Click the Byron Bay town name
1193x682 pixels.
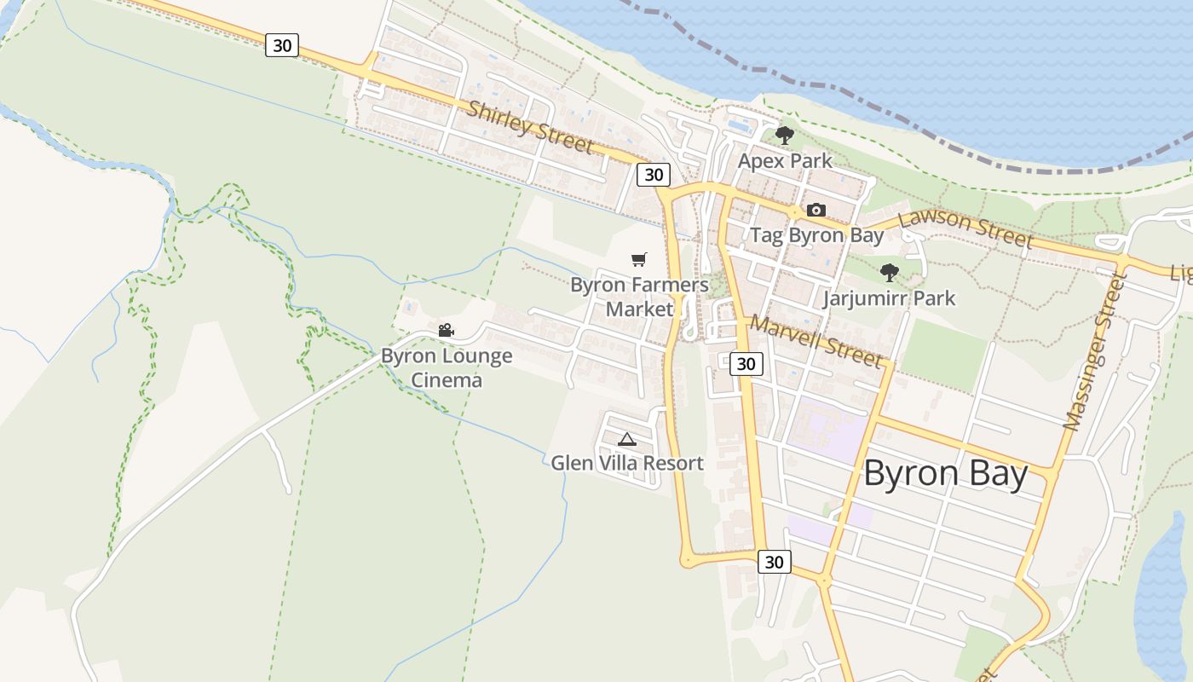946,474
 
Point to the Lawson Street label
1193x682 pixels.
965,228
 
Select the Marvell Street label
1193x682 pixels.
816,343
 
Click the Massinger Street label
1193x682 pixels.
1096,352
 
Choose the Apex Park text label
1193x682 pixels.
785,160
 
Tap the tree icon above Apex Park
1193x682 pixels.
785,136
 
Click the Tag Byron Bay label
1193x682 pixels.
816,235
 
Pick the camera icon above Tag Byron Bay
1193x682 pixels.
816,210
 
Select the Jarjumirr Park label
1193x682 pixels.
889,298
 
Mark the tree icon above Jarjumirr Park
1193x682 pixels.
890,273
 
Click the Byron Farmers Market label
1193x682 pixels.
639,297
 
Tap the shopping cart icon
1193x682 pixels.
639,259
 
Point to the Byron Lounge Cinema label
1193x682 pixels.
447,367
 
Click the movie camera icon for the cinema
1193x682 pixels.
446,330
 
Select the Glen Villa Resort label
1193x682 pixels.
627,463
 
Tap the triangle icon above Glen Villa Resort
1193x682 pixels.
627,439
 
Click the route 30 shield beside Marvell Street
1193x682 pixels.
746,364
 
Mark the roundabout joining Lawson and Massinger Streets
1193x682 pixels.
1121,260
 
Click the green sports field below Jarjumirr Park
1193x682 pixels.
944,354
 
